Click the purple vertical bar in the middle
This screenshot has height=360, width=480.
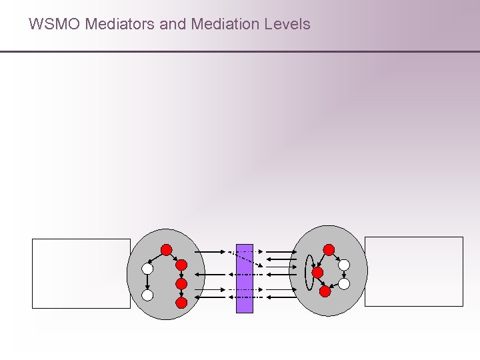(x=245, y=279)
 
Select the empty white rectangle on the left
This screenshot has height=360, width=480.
(x=81, y=273)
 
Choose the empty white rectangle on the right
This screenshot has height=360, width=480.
(x=413, y=271)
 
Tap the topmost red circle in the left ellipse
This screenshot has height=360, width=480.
(x=167, y=250)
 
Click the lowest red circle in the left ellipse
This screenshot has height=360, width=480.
(x=181, y=302)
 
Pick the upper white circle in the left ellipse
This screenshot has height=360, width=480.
(x=147, y=269)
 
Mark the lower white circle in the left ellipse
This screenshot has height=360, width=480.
(x=147, y=294)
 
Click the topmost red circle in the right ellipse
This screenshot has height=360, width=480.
(x=329, y=249)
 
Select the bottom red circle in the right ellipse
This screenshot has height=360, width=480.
(x=325, y=291)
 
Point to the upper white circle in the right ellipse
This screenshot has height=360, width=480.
(x=343, y=265)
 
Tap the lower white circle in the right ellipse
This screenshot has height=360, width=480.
(x=343, y=283)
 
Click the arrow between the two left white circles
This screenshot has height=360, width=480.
(x=147, y=281)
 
